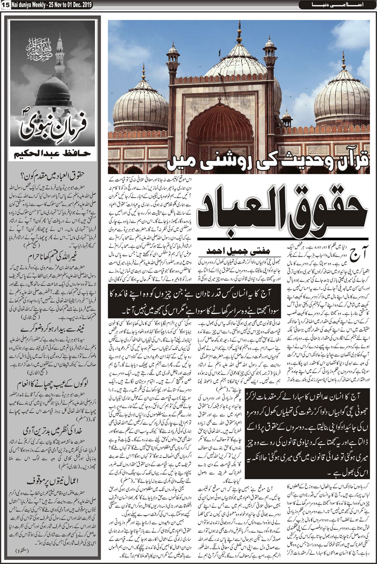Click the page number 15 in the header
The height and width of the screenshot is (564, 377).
(x=5, y=5)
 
